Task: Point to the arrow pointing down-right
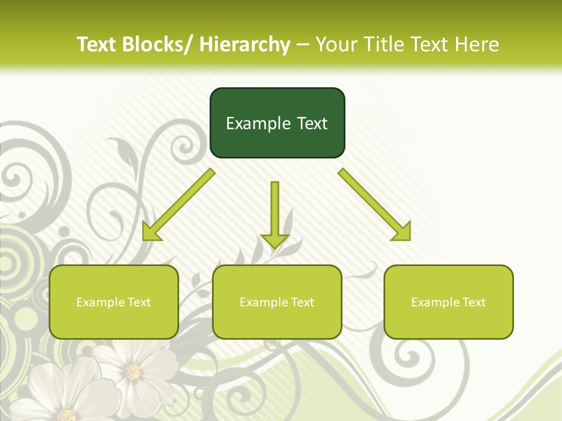pyautogui.click(x=375, y=205)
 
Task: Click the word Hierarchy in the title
pyautogui.click(x=245, y=44)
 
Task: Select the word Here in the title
pyautogui.click(x=477, y=44)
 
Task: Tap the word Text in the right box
pyautogui.click(x=474, y=302)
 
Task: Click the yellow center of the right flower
pyautogui.click(x=133, y=371)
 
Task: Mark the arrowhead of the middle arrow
pyautogui.click(x=275, y=240)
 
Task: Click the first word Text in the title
pyautogui.click(x=97, y=44)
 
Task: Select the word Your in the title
pyautogui.click(x=336, y=44)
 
